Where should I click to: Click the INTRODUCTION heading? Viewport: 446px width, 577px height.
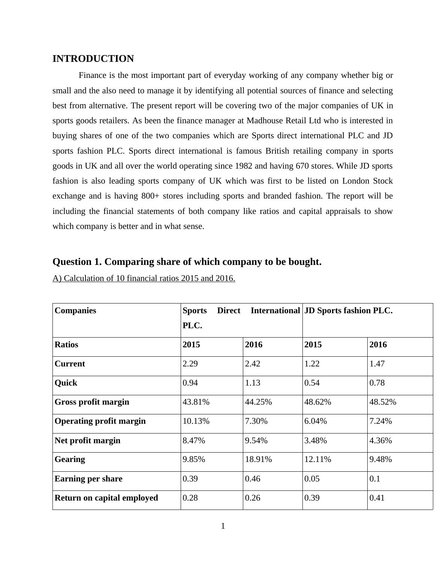(x=93, y=59)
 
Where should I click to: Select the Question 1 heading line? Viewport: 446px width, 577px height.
(x=187, y=262)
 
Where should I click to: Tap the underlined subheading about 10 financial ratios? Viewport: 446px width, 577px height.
(x=144, y=278)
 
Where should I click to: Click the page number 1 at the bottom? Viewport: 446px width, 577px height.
(x=223, y=526)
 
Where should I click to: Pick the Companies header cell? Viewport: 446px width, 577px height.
(x=75, y=311)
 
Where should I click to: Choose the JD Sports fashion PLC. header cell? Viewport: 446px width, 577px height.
(x=348, y=311)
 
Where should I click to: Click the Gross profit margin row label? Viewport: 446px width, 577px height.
(x=92, y=402)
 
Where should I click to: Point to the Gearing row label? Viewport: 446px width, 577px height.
(x=70, y=459)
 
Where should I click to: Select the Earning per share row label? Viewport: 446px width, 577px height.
(x=88, y=479)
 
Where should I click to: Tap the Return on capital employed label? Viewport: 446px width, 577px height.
(x=106, y=498)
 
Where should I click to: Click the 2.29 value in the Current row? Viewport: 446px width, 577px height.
(x=190, y=364)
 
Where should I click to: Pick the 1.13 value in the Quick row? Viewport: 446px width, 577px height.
(x=252, y=383)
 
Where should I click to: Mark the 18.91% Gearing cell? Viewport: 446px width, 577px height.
(x=258, y=459)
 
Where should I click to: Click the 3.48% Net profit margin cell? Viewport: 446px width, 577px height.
(x=315, y=441)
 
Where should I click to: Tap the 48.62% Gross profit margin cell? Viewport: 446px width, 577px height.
(x=317, y=402)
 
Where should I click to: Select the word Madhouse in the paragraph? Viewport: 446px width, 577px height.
(x=262, y=121)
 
